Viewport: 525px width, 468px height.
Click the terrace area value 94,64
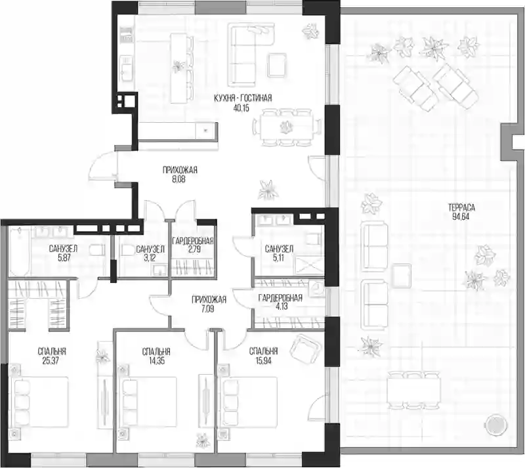pos(461,217)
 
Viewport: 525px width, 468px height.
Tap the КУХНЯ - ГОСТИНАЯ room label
pos(243,98)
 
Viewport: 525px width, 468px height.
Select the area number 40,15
pos(241,108)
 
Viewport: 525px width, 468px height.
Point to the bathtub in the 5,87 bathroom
pos(20,250)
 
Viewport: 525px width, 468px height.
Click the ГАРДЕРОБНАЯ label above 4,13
pos(281,298)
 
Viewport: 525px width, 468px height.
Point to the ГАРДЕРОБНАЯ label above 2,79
pos(193,241)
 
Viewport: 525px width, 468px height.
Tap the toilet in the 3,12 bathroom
pos(127,250)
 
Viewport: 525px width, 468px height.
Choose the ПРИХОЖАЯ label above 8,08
pos(180,170)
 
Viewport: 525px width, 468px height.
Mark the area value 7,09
pos(208,308)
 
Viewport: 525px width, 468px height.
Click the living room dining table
pos(287,127)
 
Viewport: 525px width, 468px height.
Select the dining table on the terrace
pos(413,391)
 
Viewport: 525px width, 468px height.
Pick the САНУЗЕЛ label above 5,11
pos(279,249)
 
